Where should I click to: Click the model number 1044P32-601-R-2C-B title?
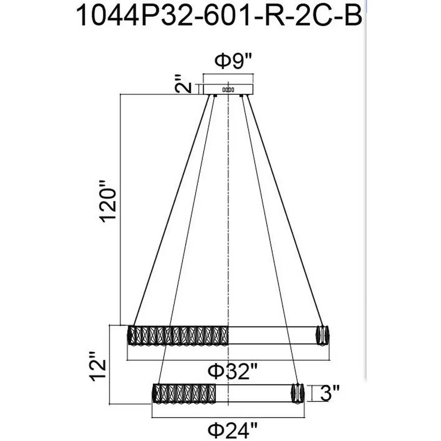(x=219, y=16)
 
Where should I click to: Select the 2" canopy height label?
(x=183, y=84)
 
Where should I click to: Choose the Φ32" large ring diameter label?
(x=232, y=371)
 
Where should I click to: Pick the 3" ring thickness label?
(x=330, y=393)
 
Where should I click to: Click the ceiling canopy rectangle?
(x=228, y=90)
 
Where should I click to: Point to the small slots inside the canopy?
(x=228, y=90)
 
